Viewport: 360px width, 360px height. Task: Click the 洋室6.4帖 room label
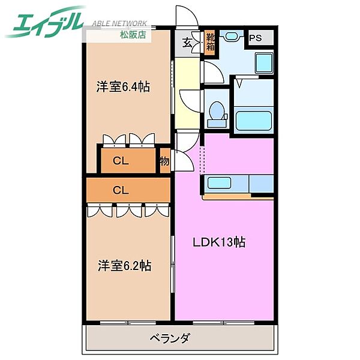pyautogui.click(x=123, y=86)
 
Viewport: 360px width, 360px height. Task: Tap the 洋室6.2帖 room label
pyautogui.click(x=124, y=265)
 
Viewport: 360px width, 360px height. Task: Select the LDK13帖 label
pyautogui.click(x=218, y=242)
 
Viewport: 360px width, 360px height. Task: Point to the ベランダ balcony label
pyautogui.click(x=169, y=338)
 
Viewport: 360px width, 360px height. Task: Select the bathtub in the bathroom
pyautogui.click(x=254, y=120)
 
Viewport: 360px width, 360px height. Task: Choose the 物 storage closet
pyautogui.click(x=164, y=161)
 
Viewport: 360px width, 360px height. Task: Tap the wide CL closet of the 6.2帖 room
pyautogui.click(x=121, y=190)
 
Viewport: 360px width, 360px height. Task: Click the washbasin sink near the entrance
pyautogui.click(x=231, y=37)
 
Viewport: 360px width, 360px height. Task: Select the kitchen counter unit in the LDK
pyautogui.click(x=239, y=183)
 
